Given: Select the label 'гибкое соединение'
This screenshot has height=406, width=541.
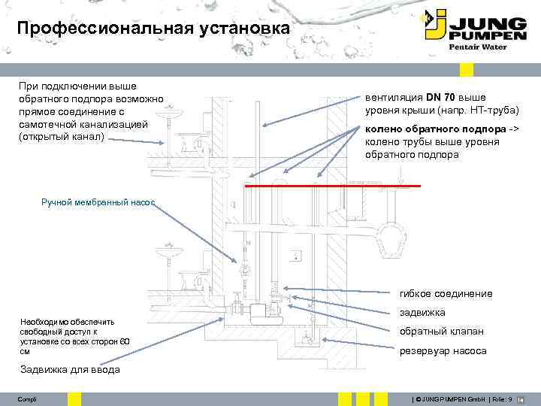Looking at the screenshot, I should tap(446, 293).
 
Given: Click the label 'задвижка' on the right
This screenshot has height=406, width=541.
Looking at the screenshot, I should tap(422, 312).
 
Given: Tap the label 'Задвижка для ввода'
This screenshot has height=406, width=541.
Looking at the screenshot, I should tap(70, 369).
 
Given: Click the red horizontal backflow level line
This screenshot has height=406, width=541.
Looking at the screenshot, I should tap(331, 185).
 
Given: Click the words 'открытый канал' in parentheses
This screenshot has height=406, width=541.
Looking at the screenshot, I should tap(66, 137).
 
